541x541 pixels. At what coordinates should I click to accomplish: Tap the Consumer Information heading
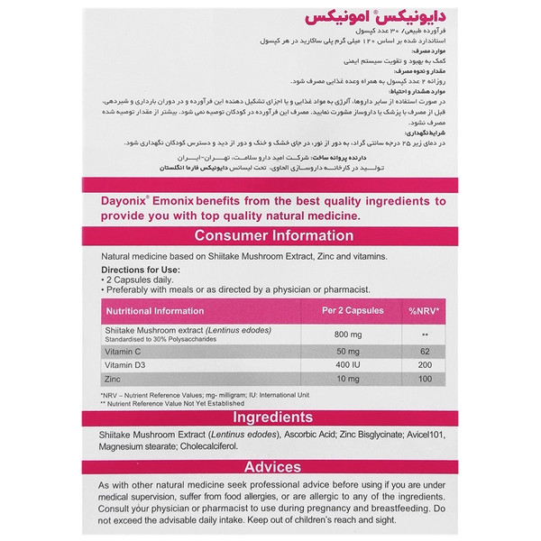(x=270, y=236)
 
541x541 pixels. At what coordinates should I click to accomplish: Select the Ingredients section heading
(x=270, y=418)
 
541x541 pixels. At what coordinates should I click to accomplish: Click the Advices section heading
(x=270, y=467)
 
